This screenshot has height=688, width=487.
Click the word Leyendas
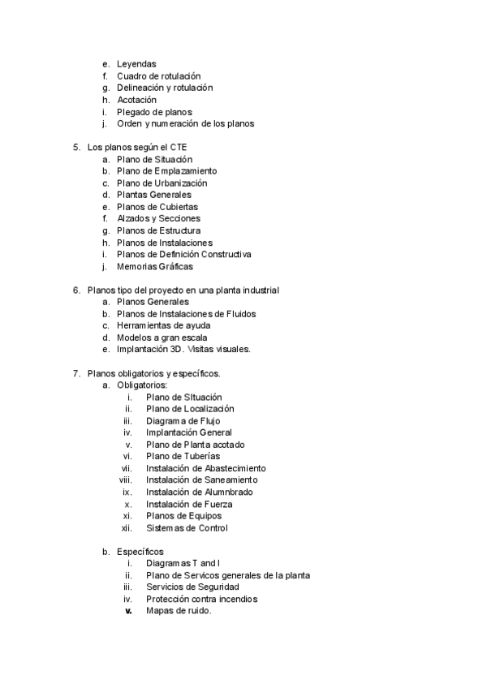(x=136, y=64)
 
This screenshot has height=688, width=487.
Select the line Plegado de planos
(x=154, y=112)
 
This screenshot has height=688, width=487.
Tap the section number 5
(x=76, y=148)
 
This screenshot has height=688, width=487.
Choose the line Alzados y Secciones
(x=158, y=219)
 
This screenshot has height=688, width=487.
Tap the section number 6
(x=76, y=290)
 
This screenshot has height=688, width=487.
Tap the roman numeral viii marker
(x=125, y=480)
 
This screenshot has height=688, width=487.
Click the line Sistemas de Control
(x=187, y=528)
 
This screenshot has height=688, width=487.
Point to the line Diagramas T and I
(x=183, y=564)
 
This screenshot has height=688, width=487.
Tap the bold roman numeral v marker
(x=128, y=612)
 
